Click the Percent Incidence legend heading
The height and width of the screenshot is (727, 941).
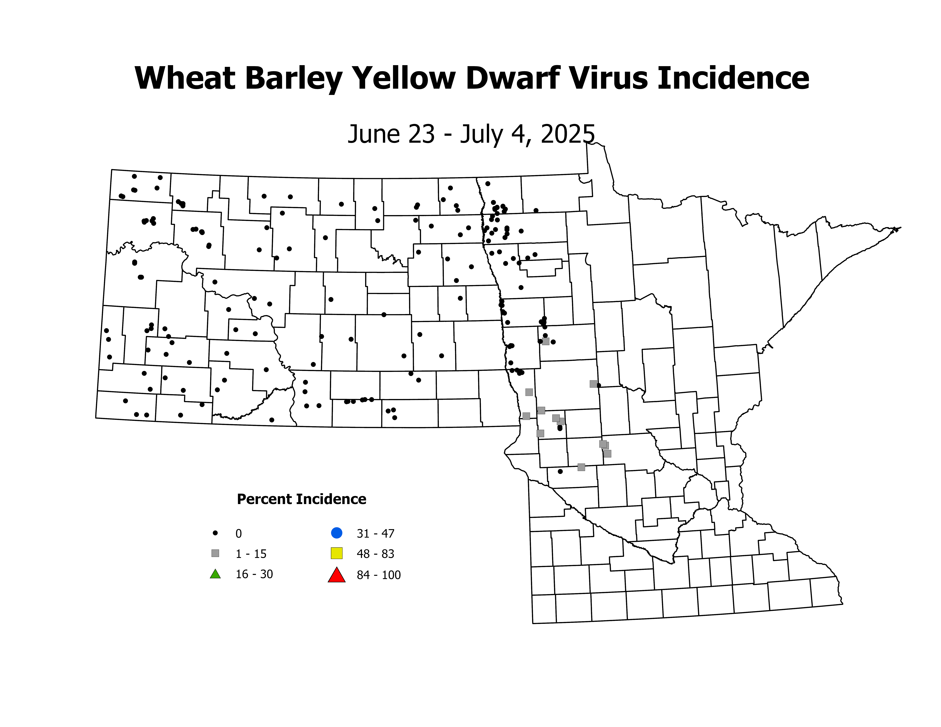(x=302, y=499)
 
